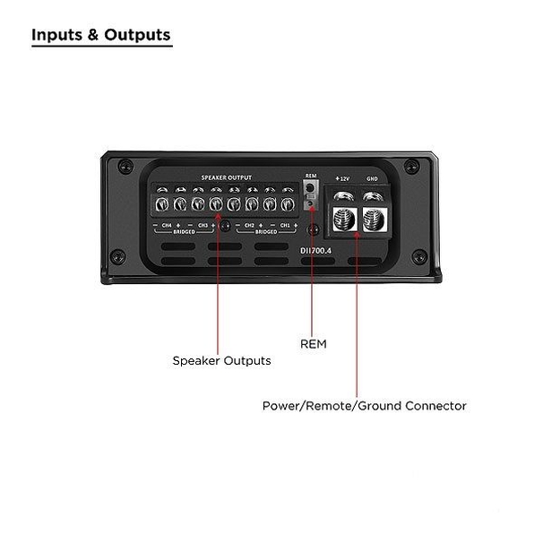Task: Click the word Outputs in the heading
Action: click(x=137, y=36)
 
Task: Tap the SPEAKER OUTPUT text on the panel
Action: click(x=226, y=177)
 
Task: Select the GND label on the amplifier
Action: click(x=371, y=179)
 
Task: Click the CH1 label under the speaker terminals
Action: click(x=284, y=225)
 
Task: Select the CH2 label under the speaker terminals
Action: click(x=251, y=225)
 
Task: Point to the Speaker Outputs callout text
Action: click(x=221, y=361)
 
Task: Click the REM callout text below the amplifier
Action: click(x=313, y=343)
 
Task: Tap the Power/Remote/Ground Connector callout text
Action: click(x=364, y=406)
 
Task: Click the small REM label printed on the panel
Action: click(x=311, y=176)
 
